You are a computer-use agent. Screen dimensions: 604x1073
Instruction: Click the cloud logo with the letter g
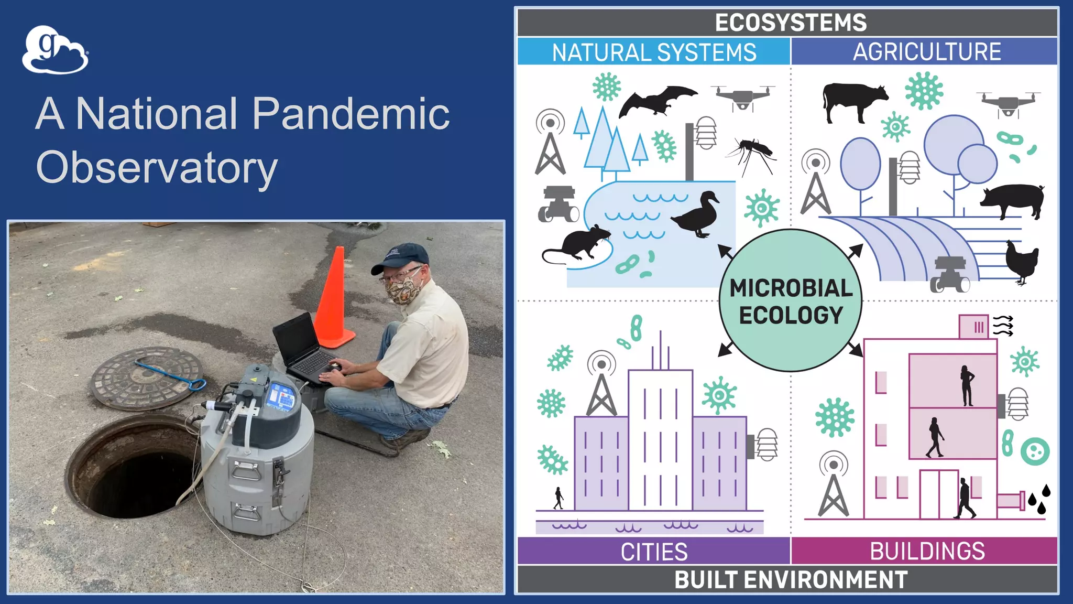coord(54,50)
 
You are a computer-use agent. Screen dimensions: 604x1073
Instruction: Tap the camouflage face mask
coord(403,290)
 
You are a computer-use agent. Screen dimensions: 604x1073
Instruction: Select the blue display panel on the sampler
coord(280,396)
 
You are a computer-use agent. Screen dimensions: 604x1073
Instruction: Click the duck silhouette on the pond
coord(696,215)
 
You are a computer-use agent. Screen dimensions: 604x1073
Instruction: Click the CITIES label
coord(654,552)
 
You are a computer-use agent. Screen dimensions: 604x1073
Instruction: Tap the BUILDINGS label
coord(927,551)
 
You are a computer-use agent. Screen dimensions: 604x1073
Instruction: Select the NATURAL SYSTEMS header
coord(654,52)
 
